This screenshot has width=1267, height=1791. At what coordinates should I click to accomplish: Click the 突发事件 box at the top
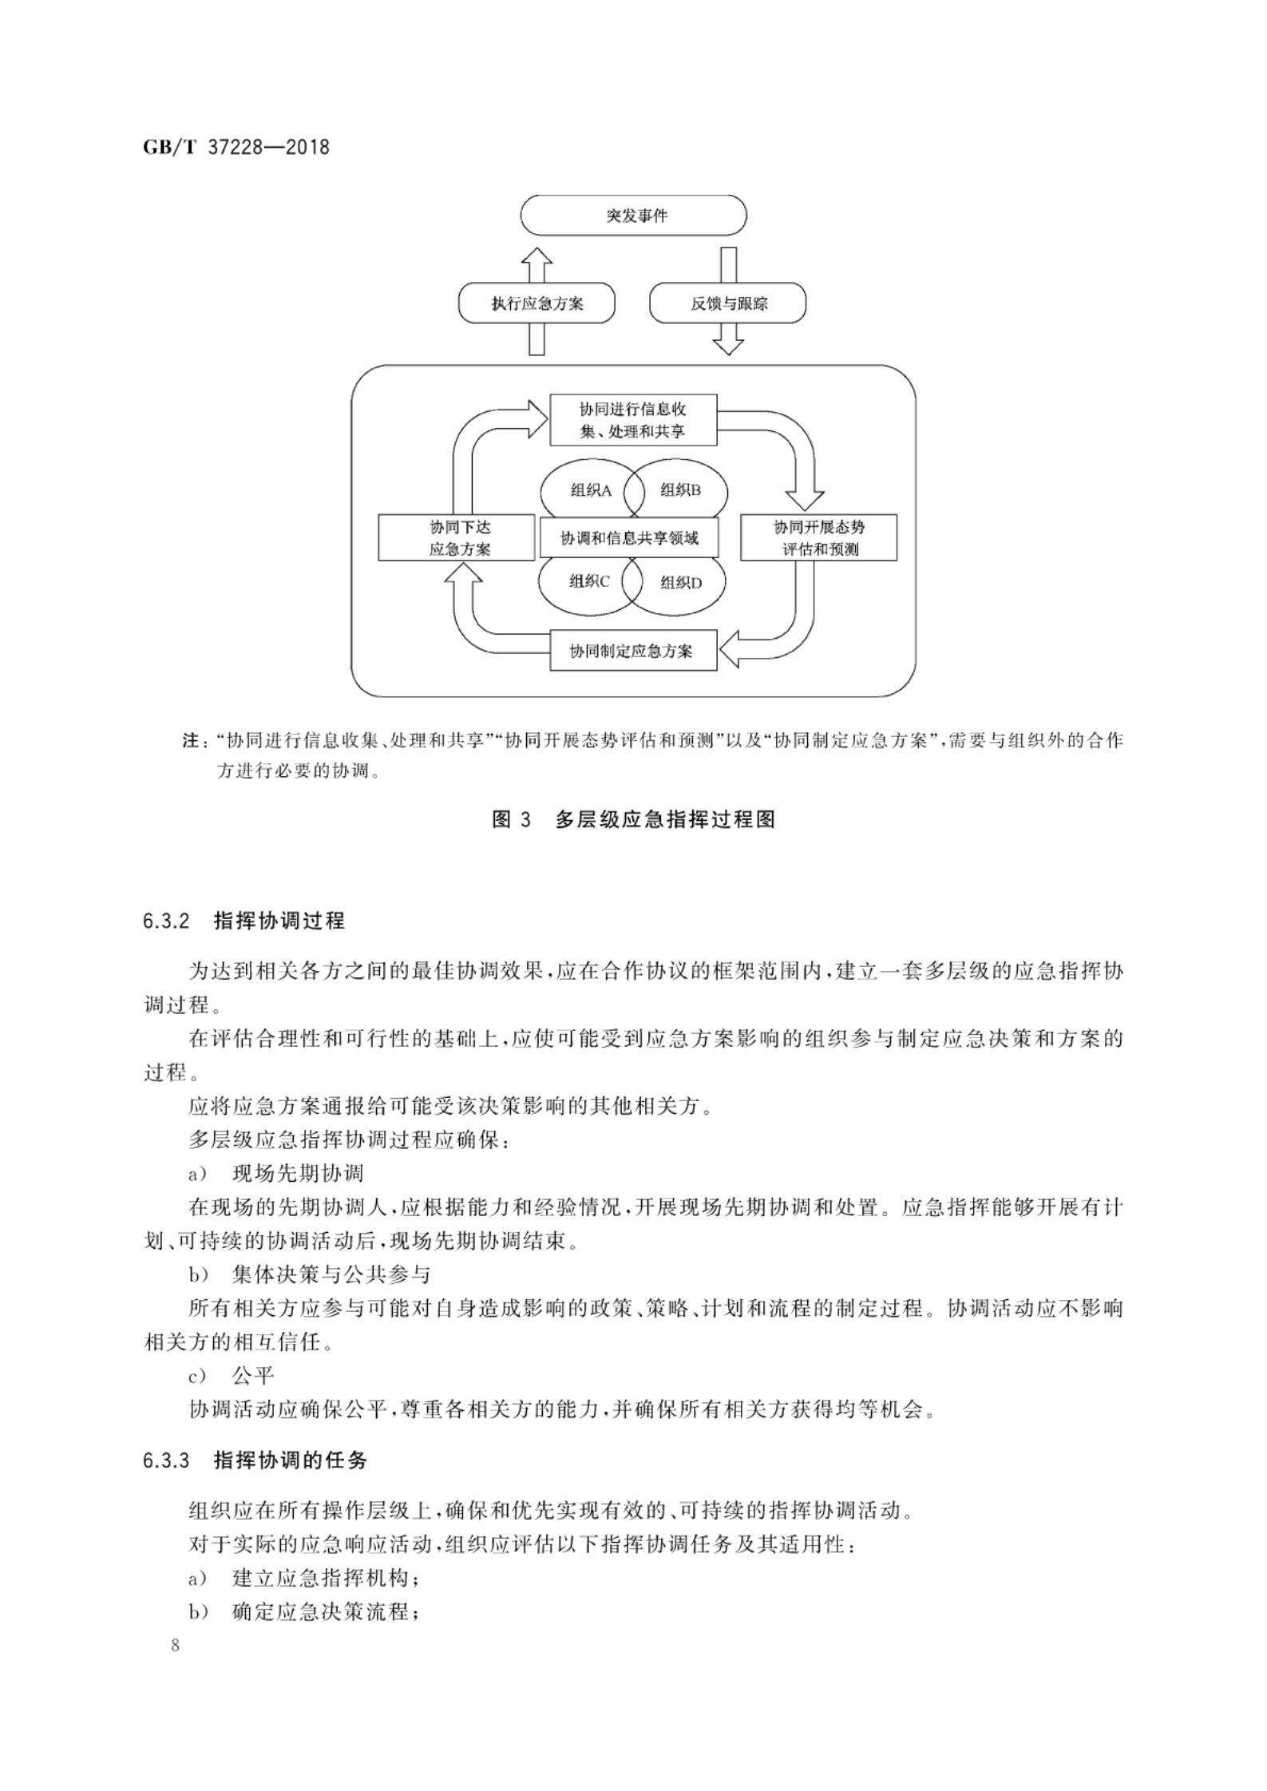point(633,216)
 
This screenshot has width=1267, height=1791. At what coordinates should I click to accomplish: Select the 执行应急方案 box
point(536,303)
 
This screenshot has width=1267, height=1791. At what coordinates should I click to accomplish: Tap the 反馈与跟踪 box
point(728,303)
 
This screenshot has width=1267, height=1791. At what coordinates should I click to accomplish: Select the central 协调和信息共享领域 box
point(629,538)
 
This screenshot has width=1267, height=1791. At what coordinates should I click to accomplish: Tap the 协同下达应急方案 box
point(456,538)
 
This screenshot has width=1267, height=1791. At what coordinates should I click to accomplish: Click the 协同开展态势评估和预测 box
point(818,538)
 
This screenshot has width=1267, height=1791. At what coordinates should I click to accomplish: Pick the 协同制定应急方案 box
point(633,651)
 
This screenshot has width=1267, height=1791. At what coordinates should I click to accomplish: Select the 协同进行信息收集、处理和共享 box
point(633,420)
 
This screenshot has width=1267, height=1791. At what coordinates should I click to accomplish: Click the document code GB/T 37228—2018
point(236,148)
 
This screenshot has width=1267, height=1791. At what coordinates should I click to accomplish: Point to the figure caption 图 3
point(511,819)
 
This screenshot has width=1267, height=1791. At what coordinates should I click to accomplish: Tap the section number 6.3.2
point(166,921)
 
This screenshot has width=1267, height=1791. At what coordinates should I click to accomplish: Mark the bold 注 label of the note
point(192,741)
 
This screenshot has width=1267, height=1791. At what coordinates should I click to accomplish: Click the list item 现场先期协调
point(297,1174)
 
